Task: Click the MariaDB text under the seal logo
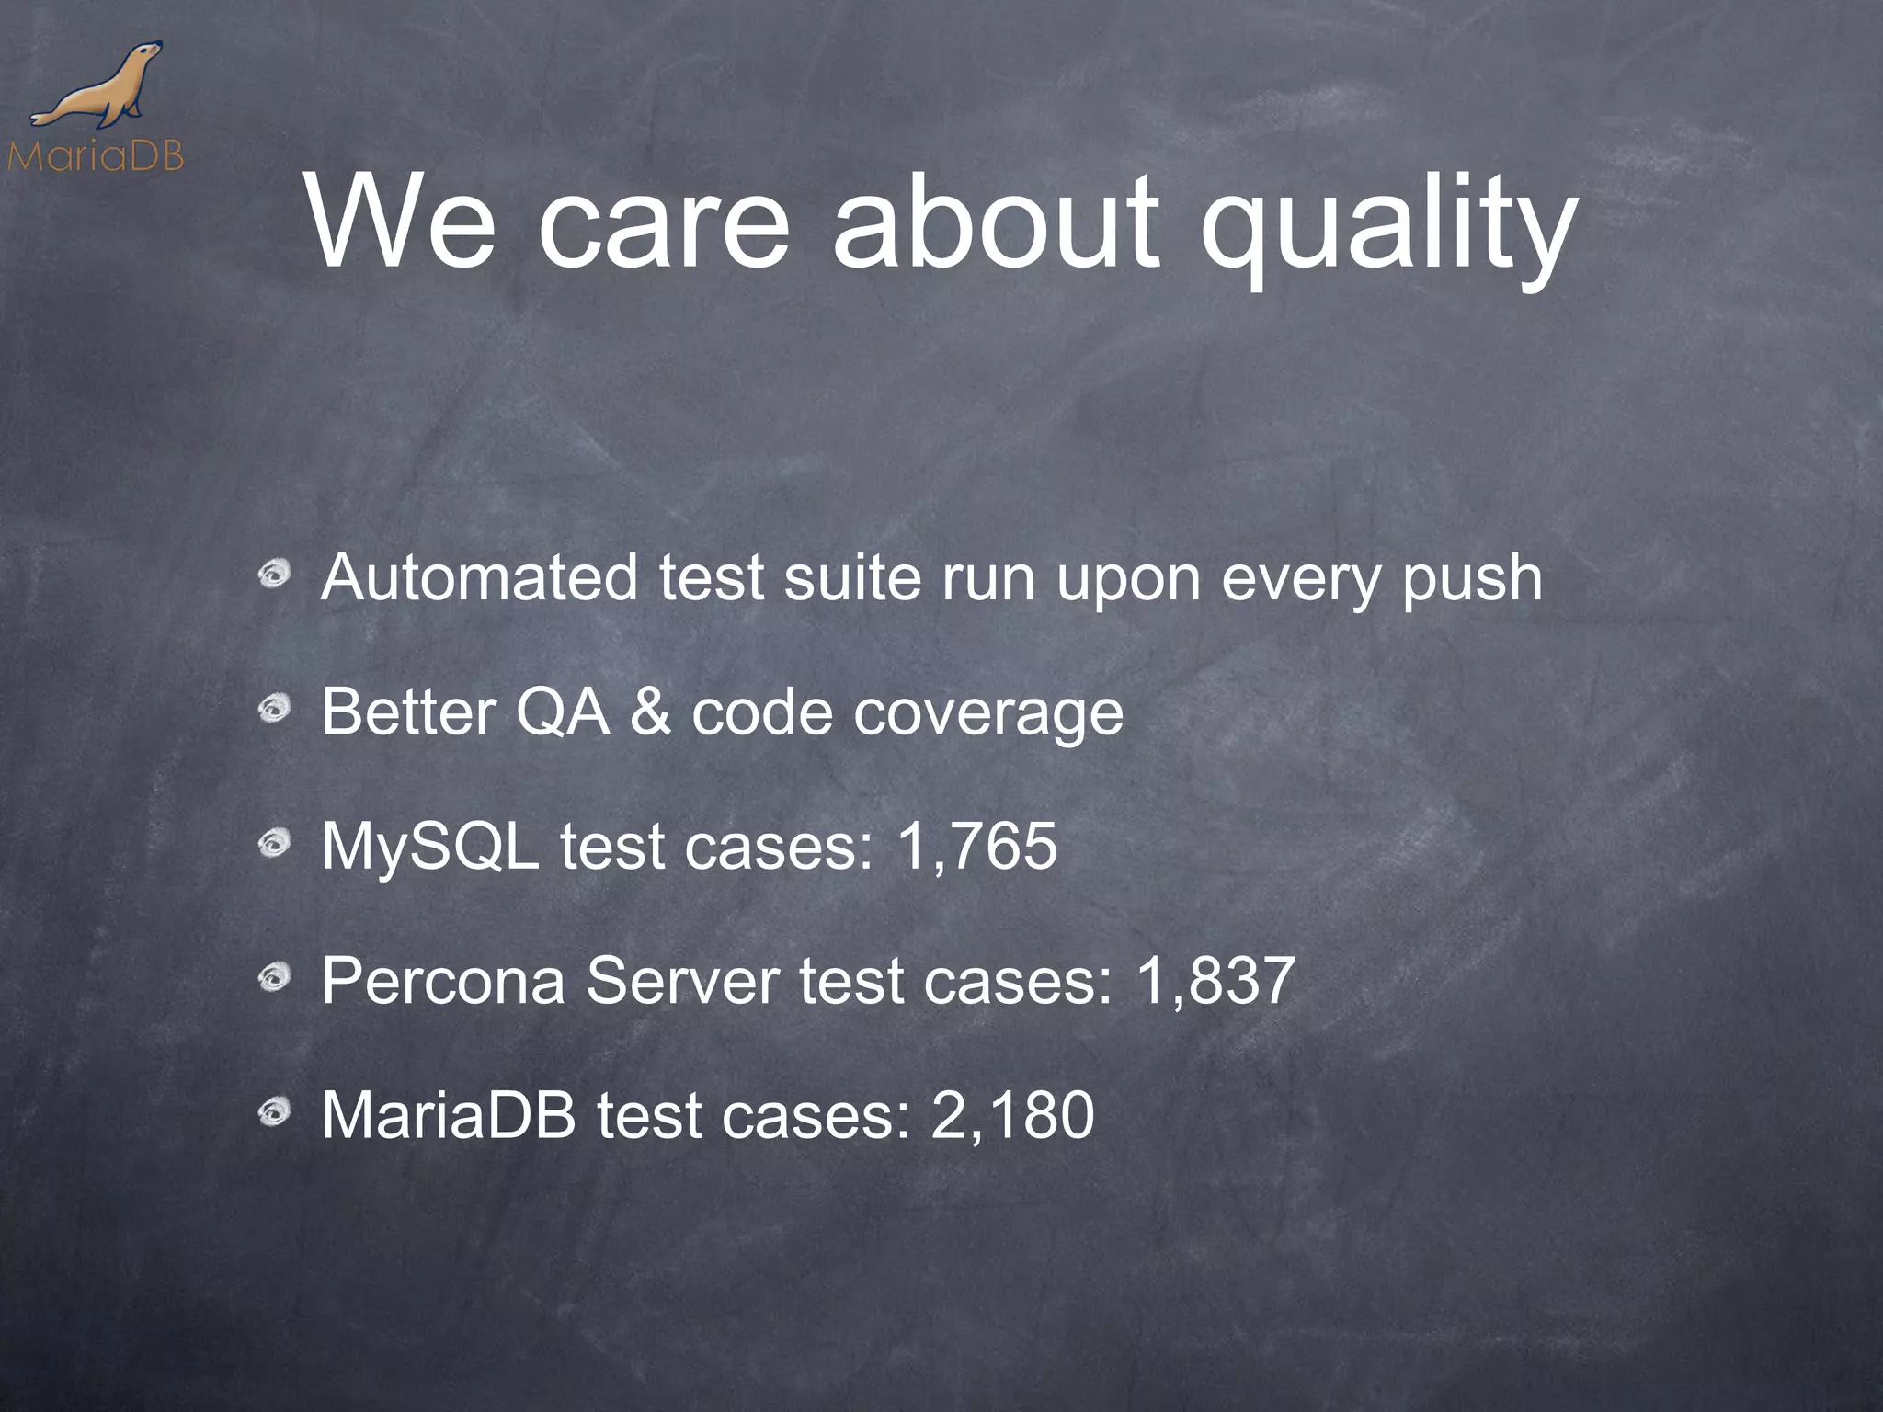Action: coord(96,157)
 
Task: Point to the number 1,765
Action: coord(977,847)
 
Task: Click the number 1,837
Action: coord(1216,981)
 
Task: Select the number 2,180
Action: coord(1012,1116)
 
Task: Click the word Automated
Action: coord(479,578)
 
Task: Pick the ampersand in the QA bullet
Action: coord(651,712)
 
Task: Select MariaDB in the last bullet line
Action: coord(449,1116)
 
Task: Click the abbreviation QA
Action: coord(562,712)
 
